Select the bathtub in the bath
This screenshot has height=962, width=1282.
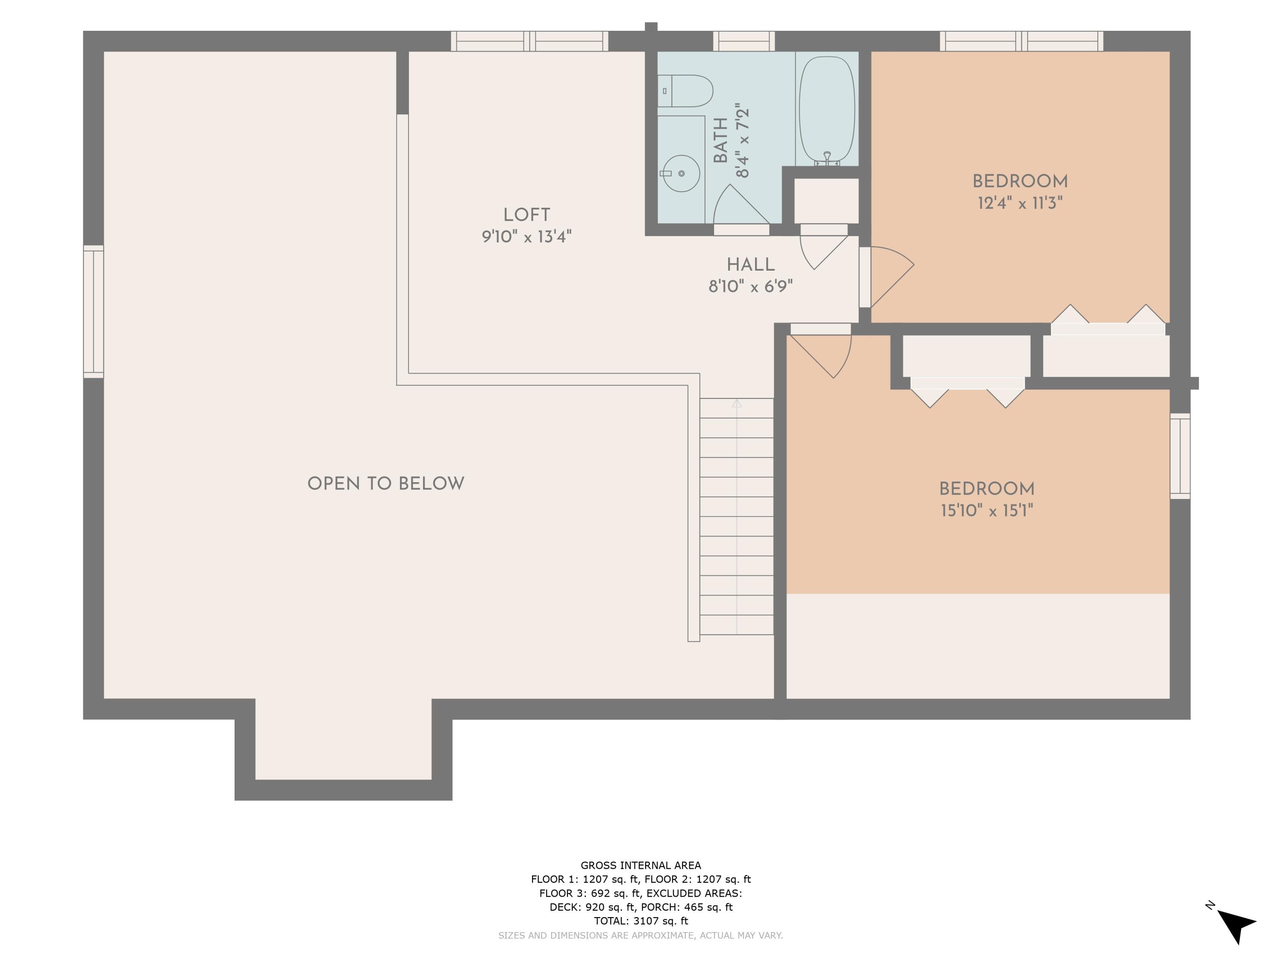(826, 109)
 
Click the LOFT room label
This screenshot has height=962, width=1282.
(526, 215)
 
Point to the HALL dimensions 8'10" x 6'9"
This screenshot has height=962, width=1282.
(750, 286)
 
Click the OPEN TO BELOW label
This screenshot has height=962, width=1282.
(385, 484)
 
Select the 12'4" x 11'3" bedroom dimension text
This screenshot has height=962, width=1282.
(1020, 204)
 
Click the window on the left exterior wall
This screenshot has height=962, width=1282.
(93, 311)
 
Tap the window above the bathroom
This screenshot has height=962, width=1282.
(744, 41)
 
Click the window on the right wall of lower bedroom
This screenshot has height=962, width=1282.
(1179, 456)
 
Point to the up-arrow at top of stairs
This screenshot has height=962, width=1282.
(737, 404)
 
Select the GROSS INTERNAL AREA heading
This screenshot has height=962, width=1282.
(641, 865)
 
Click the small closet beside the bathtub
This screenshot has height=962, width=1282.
(826, 201)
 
